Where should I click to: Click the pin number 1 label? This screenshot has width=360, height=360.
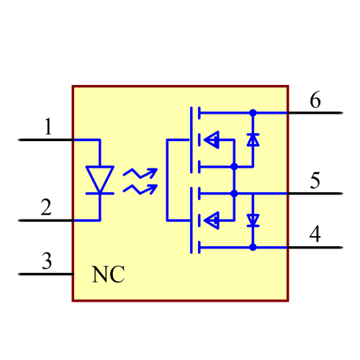point(48,128)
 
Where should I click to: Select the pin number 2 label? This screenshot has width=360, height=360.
point(46,208)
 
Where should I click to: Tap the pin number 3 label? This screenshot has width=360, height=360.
point(46,261)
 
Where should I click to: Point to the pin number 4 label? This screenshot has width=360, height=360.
point(315,234)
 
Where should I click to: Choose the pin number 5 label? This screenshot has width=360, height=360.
point(315,181)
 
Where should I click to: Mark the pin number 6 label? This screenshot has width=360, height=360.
point(315,100)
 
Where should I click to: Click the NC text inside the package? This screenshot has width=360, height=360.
point(108,274)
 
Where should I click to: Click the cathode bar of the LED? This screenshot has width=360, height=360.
point(99,193)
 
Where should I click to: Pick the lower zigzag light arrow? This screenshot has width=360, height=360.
point(140,189)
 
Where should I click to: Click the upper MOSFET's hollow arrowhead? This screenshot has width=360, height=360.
point(211,140)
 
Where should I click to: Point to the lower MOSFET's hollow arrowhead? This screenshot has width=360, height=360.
point(211,220)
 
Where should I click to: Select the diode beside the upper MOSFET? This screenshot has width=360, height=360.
point(253,140)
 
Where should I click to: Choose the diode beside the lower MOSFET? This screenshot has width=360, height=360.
point(253,220)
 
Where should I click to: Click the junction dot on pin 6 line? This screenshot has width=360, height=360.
point(253,113)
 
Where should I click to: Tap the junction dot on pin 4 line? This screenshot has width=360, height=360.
point(253,247)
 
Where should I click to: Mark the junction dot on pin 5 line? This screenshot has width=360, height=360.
point(234,194)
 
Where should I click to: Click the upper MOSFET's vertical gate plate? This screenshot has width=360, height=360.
point(192,140)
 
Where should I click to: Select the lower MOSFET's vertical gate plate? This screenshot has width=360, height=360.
point(192,220)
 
